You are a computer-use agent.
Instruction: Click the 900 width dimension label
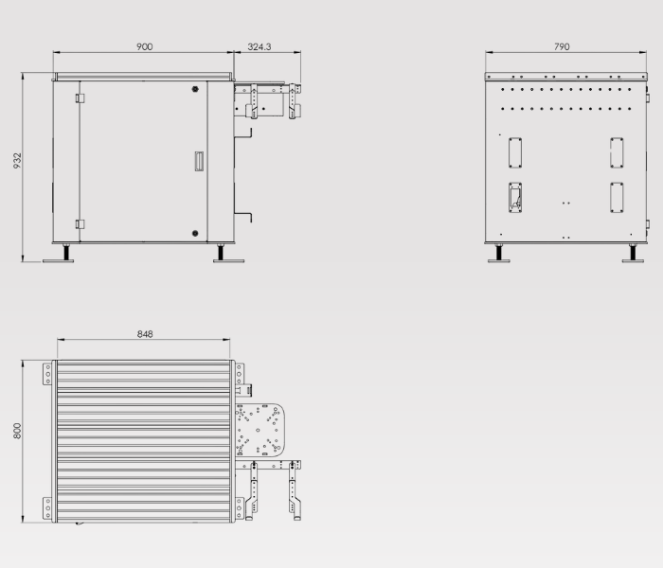pyautogui.click(x=145, y=46)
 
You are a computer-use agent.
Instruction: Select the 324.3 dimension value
pyautogui.click(x=260, y=46)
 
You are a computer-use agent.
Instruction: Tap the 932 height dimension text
pyautogui.click(x=17, y=162)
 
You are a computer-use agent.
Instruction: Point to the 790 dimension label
pyautogui.click(x=562, y=46)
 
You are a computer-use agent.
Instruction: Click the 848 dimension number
pyautogui.click(x=145, y=334)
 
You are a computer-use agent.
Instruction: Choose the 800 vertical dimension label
pyautogui.click(x=17, y=431)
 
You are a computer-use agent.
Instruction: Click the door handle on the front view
pyautogui.click(x=198, y=162)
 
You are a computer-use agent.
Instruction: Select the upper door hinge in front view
pyautogui.click(x=80, y=98)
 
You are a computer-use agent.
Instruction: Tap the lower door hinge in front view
pyautogui.click(x=80, y=224)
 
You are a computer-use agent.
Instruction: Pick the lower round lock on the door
pyautogui.click(x=194, y=232)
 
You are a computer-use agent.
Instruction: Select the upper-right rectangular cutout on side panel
pyautogui.click(x=617, y=151)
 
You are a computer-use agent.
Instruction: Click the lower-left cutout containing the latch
pyautogui.click(x=515, y=195)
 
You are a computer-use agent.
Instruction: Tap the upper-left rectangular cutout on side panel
pyautogui.click(x=515, y=151)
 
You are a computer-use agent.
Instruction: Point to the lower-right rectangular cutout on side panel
pyautogui.click(x=617, y=195)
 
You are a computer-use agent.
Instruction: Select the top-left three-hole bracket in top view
pyautogui.click(x=45, y=374)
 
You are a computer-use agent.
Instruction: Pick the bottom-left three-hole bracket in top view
pyautogui.click(x=45, y=508)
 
